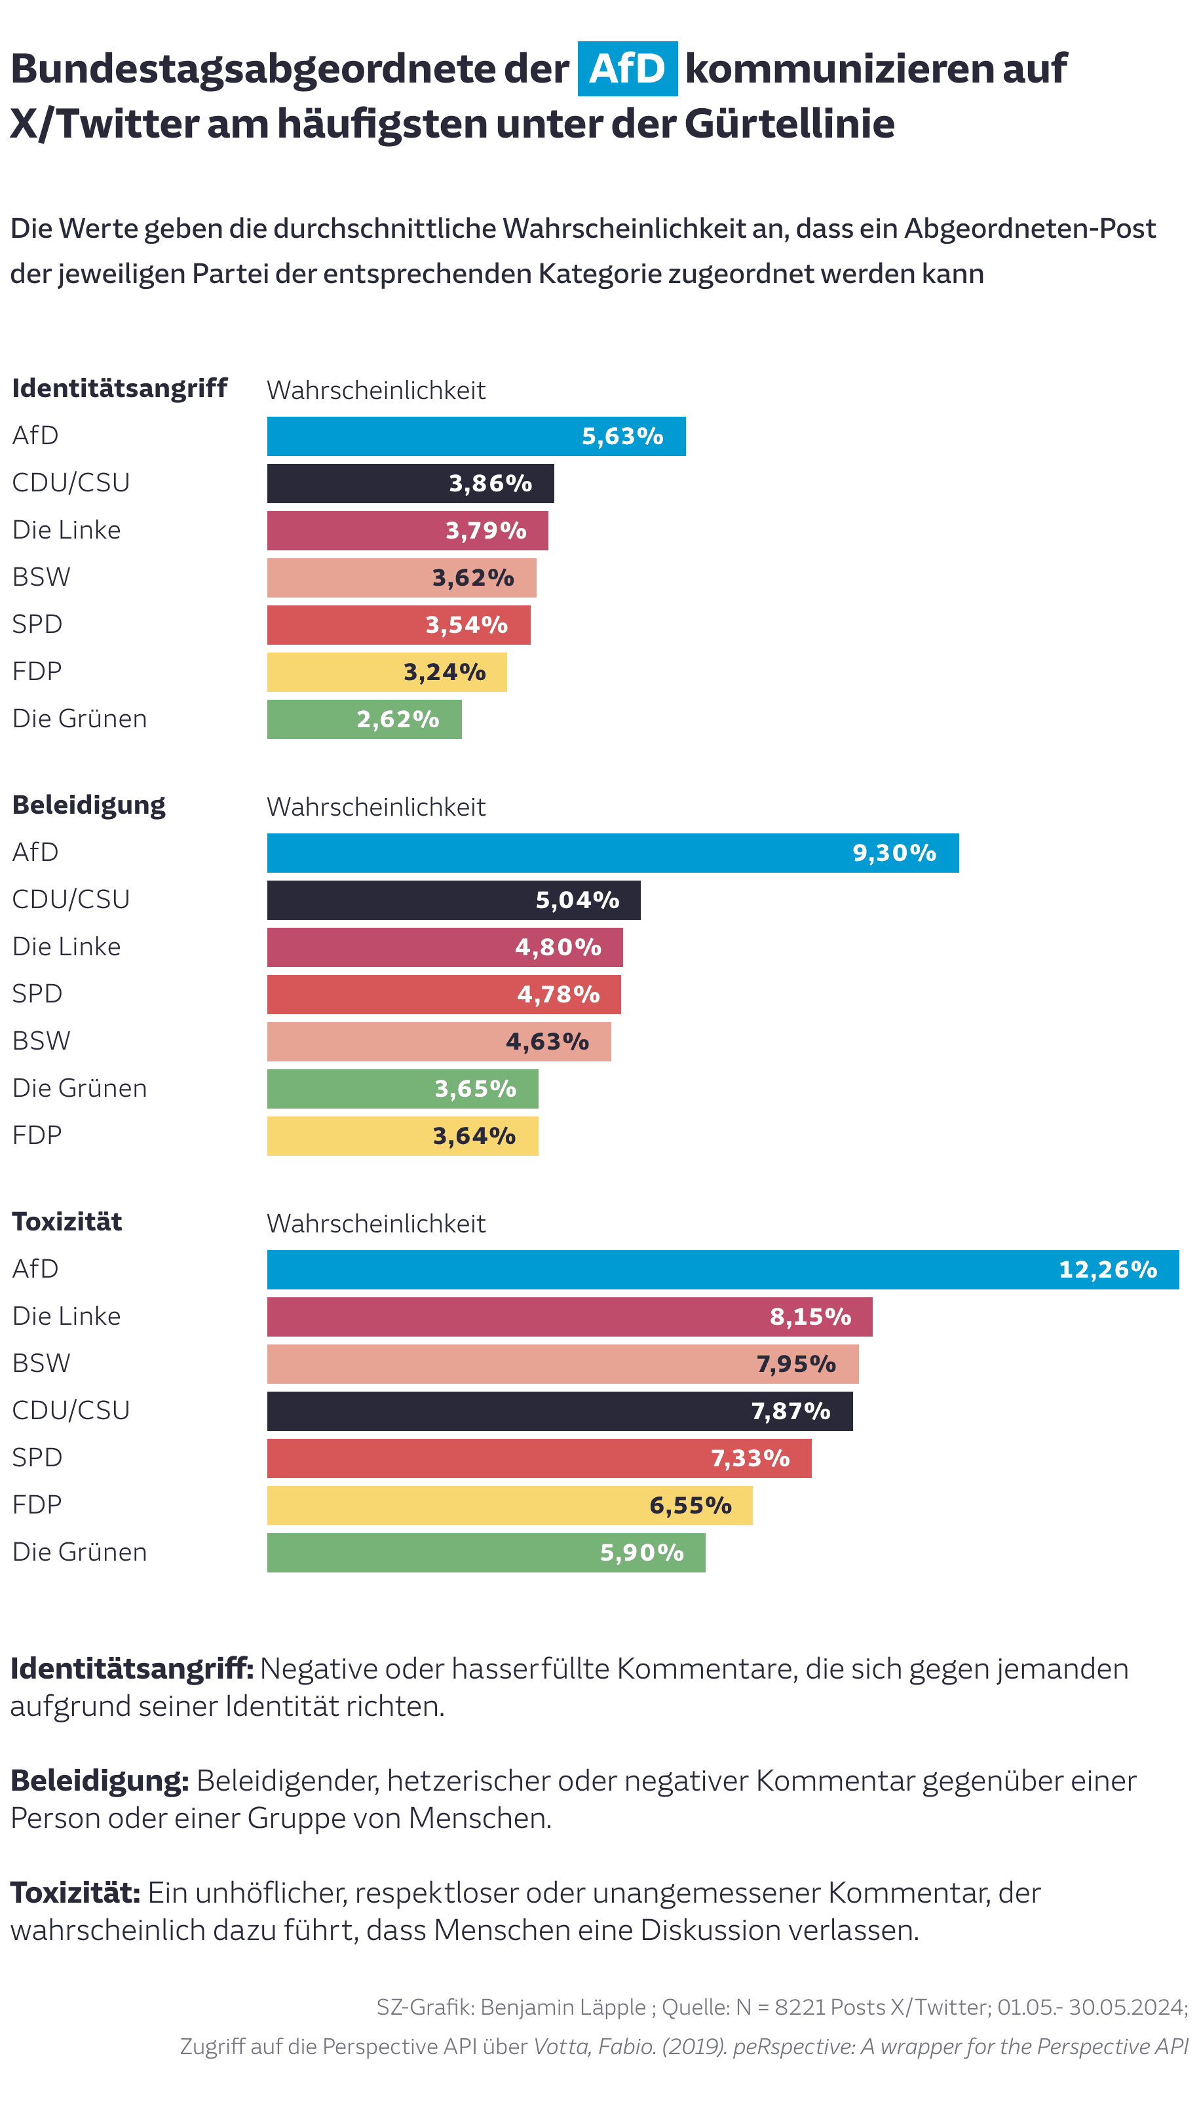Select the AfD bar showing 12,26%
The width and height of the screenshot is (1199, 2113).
click(x=722, y=1269)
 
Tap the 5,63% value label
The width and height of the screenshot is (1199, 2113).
click(x=622, y=436)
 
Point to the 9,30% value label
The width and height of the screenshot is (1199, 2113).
click(x=894, y=852)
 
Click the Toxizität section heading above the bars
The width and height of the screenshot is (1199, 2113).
click(x=67, y=1221)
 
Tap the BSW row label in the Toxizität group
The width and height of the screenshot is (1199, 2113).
click(x=41, y=1363)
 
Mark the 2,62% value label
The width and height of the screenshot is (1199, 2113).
click(x=397, y=719)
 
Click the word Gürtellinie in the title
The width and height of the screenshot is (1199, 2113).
click(x=789, y=124)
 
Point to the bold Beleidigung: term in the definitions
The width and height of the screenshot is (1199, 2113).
click(x=100, y=1780)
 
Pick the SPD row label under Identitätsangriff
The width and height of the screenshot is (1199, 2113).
click(x=37, y=624)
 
